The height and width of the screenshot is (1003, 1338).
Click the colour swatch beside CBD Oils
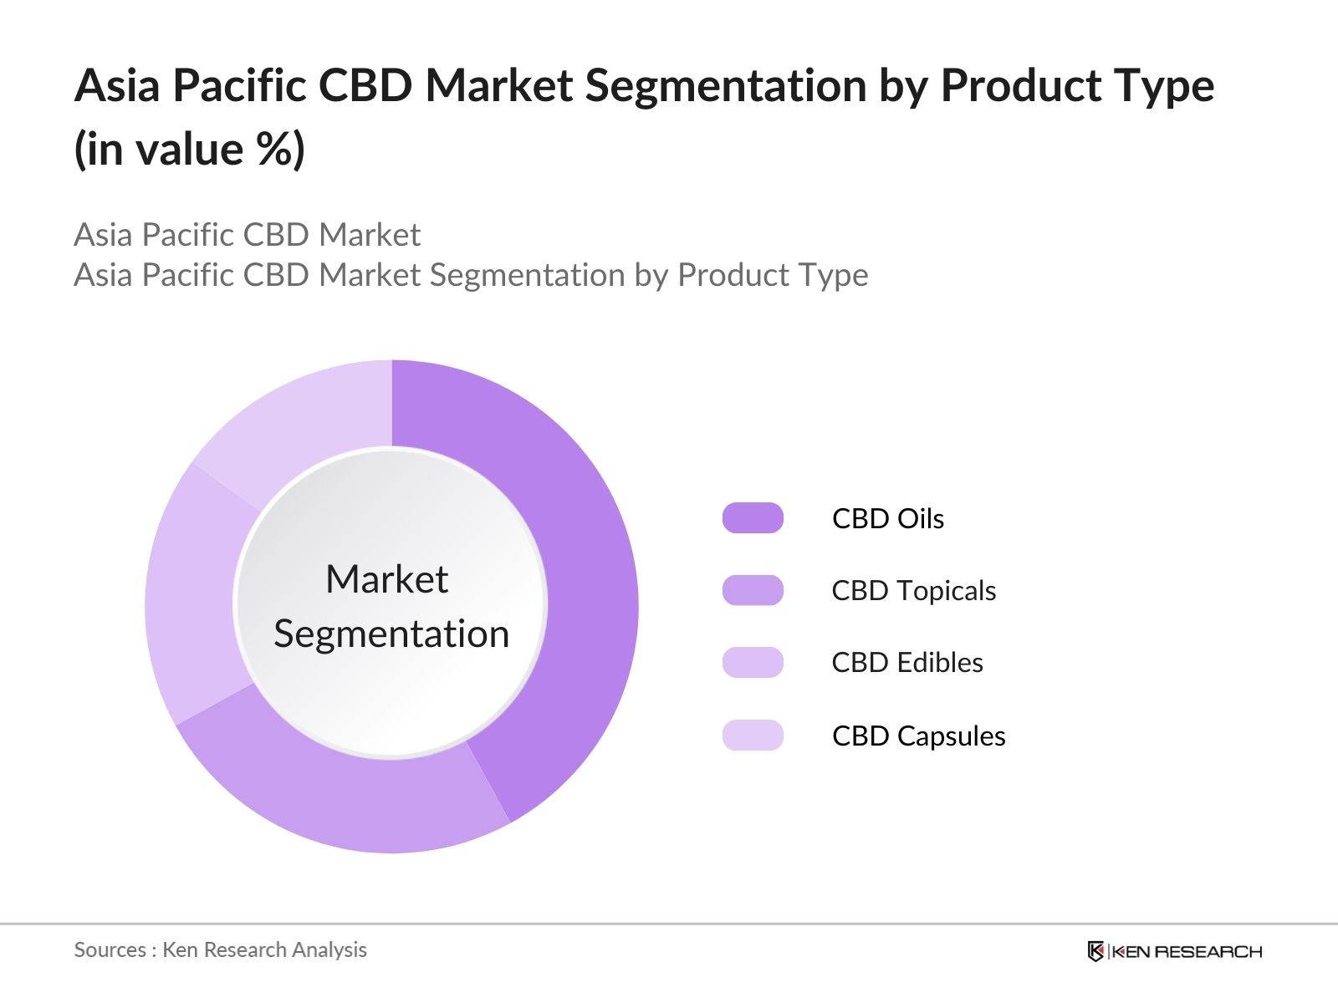753,518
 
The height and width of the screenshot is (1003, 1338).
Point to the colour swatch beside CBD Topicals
753,590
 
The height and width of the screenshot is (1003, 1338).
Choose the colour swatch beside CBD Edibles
753,663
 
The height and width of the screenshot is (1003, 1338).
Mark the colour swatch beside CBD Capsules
753,736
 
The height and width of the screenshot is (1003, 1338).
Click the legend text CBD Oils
888,518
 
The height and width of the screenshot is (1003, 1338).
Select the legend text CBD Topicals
913,590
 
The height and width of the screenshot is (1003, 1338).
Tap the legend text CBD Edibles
907,663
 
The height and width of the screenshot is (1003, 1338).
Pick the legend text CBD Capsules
918,736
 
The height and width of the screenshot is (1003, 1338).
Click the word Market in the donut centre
387,579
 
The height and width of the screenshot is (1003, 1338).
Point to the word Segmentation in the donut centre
391,634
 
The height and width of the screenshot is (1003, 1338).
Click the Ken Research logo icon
1095,951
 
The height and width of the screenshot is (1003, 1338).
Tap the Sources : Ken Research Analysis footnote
221,950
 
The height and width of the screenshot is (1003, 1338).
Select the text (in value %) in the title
190,150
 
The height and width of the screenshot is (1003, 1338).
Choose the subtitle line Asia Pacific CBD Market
248,235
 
